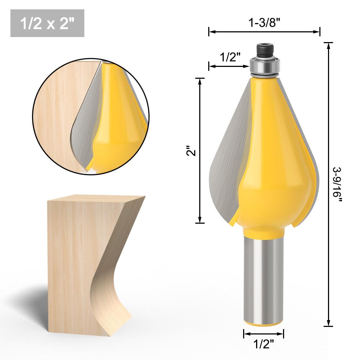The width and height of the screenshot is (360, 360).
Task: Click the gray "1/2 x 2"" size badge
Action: (x=47, y=23)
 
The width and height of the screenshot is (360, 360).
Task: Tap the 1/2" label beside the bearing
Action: (x=230, y=57)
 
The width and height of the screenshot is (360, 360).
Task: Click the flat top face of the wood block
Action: (x=97, y=198)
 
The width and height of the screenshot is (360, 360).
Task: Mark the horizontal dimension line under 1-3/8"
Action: (x=264, y=32)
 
